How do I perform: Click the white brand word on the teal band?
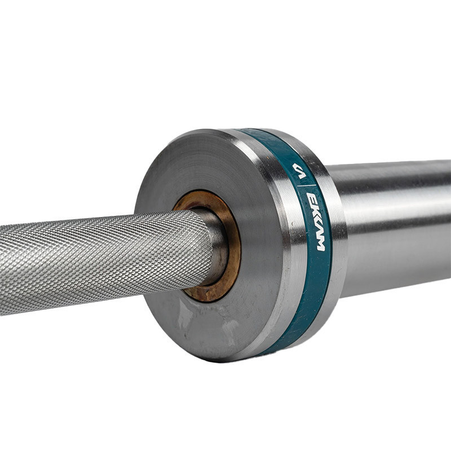315,222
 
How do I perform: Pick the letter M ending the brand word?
320,242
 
